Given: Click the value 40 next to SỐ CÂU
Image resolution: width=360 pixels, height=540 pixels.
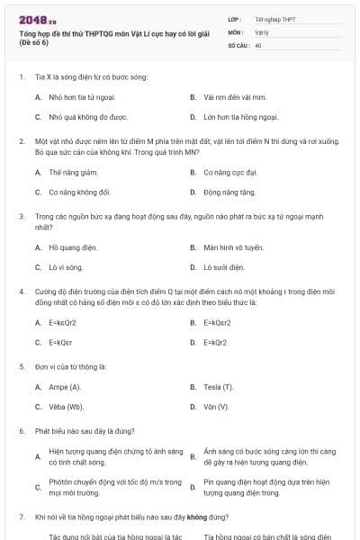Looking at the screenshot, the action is [x=258, y=44].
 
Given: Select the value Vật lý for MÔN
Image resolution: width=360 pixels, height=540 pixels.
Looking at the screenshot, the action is [x=261, y=31].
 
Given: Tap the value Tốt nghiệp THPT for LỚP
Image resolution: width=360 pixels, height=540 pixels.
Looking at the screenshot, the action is [x=274, y=19].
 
